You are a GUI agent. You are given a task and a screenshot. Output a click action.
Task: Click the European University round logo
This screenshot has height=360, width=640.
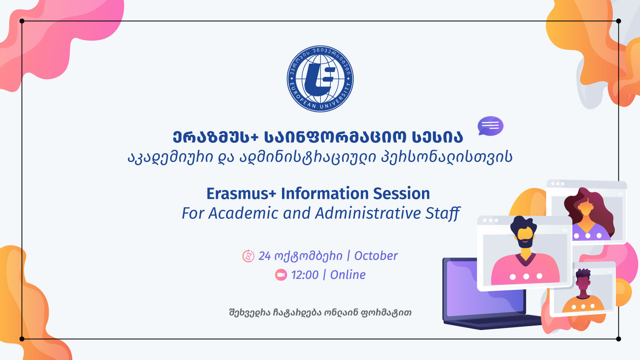[320, 78]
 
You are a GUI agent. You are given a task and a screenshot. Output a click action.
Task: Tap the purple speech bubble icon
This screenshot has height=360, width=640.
[490, 126]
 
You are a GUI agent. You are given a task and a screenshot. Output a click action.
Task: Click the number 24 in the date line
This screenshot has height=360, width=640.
[264, 256]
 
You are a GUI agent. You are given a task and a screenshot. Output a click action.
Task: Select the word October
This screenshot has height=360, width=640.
[376, 256]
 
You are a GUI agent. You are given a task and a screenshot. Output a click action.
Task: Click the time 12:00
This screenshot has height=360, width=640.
[305, 275]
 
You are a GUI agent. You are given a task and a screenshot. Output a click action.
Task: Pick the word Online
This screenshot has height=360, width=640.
[348, 275]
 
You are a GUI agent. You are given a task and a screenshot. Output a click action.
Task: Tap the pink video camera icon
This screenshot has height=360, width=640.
[281, 275]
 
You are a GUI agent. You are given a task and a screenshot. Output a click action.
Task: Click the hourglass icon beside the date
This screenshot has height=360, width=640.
[248, 256]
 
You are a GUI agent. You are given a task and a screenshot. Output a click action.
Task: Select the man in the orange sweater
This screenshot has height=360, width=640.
[583, 294]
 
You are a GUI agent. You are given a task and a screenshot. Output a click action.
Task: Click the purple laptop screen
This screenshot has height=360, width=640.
[486, 288]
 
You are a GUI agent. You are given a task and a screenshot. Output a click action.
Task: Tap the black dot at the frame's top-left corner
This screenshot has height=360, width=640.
[22, 21]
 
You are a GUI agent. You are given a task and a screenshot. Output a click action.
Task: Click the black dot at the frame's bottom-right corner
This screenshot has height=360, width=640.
[618, 339]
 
